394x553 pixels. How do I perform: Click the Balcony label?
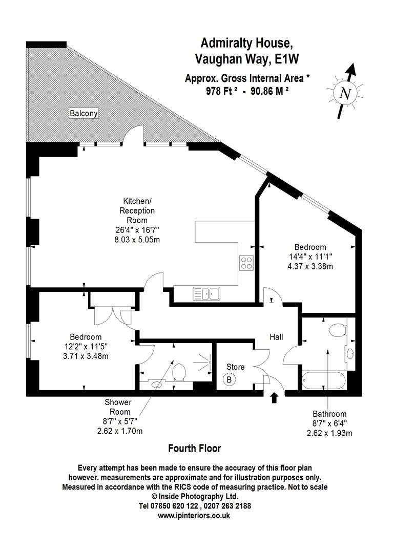pos(84,113)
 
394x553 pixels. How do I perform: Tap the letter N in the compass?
pos(346,94)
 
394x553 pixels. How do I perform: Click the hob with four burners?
pos(246,263)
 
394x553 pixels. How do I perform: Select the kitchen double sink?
pos(206,293)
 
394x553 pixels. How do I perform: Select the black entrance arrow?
pos(275,397)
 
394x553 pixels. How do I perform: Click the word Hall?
pos(276,337)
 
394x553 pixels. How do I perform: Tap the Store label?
pos(236,367)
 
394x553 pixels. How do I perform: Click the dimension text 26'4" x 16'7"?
pos(137,229)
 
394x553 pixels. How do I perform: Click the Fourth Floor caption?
pos(195,449)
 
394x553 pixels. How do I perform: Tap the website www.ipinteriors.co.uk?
pos(195,516)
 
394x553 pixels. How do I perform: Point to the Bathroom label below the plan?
pos(329,414)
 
